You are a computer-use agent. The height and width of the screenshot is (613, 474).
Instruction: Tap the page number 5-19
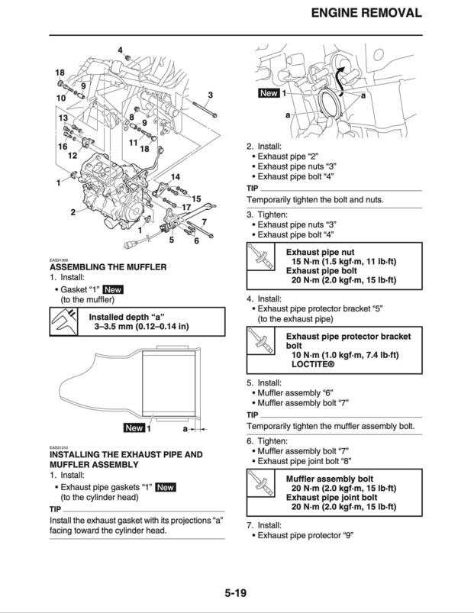pos(237,592)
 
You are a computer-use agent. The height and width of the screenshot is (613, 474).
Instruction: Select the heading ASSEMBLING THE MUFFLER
pos(108,267)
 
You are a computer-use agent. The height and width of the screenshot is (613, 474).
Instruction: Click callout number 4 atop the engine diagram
pos(120,50)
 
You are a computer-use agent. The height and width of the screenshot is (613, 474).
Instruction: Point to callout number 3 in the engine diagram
pos(210,95)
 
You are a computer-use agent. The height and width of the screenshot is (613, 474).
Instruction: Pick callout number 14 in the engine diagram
pos(175,177)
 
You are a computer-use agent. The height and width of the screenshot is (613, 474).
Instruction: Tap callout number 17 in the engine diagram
pos(185,207)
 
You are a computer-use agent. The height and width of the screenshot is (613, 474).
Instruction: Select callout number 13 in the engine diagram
pos(63,118)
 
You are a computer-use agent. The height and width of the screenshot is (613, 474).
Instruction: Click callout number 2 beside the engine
pos(73,211)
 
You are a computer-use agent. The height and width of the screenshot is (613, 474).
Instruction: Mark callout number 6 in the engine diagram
pos(196,241)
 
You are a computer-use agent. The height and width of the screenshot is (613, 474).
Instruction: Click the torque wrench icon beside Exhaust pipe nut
pos(262,261)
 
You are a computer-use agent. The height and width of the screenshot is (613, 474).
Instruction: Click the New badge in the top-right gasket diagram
pos(269,93)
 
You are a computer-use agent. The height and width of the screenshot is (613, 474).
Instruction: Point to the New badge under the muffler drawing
pos(134,428)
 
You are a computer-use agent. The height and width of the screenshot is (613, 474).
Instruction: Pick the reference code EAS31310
pos(60,447)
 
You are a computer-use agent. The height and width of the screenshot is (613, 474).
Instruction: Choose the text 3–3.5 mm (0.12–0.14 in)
pos(142,327)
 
